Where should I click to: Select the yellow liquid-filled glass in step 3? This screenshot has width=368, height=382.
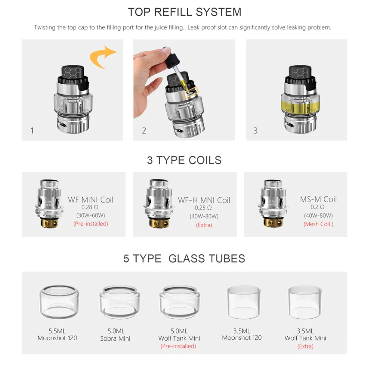[x=300, y=105]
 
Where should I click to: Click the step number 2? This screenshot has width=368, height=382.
[x=144, y=131]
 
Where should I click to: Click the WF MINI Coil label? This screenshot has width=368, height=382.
[x=91, y=200]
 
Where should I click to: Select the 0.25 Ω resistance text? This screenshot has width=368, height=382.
[x=203, y=208]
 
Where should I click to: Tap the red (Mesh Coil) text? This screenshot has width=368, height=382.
[x=318, y=224]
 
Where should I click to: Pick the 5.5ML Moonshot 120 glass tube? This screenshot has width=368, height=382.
[x=59, y=302]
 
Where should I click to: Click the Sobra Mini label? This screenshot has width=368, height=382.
[x=115, y=338]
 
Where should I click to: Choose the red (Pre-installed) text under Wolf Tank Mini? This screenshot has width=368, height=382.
[x=178, y=346]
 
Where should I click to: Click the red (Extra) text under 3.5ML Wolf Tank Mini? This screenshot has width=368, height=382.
[x=305, y=346]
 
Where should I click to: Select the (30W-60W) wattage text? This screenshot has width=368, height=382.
[x=91, y=215]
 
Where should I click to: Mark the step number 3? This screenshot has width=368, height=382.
[x=255, y=131]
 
